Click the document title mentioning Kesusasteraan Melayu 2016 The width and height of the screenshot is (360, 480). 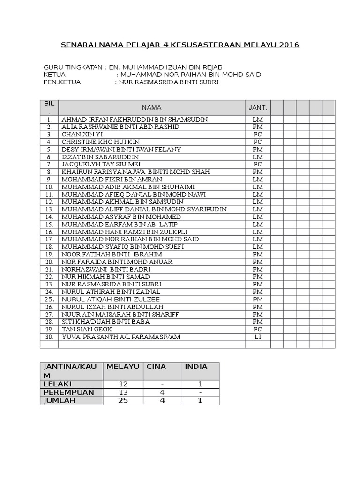click(x=180, y=45)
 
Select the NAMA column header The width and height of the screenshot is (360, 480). click(x=151, y=107)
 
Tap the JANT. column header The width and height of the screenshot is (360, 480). click(x=257, y=107)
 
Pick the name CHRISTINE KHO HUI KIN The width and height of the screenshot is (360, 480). click(x=100, y=142)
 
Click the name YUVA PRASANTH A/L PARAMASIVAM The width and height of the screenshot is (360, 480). click(x=120, y=337)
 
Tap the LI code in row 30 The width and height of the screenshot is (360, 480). click(x=257, y=337)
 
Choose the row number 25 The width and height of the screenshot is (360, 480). click(x=49, y=300)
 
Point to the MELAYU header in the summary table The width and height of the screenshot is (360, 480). click(x=123, y=367)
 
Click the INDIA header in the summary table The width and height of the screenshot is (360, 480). click(x=196, y=367)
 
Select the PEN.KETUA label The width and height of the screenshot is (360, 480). click(x=62, y=82)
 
